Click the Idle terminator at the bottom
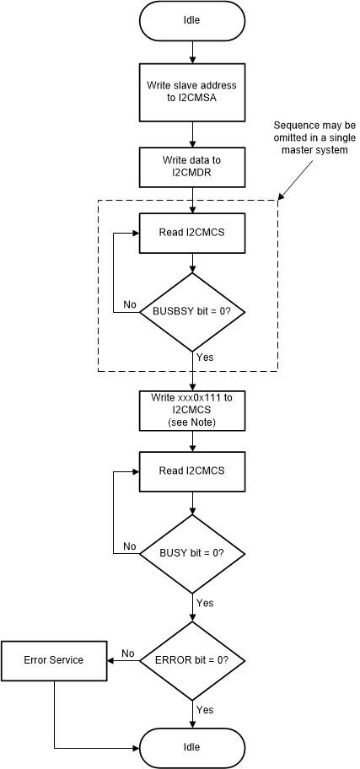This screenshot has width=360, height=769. click(193, 747)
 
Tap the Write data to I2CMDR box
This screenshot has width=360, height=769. click(193, 165)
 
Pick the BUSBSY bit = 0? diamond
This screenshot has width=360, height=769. click(193, 311)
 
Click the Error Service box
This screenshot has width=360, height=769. click(55, 659)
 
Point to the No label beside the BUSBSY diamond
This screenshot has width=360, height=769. click(131, 304)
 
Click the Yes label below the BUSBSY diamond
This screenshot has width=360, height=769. click(205, 357)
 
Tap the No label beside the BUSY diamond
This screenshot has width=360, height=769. click(130, 546)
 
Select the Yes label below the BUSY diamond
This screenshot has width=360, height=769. click(205, 603)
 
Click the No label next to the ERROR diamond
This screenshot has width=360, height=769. click(128, 653)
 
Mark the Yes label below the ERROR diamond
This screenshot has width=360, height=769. click(205, 710)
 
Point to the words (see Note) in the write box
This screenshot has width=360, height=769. click(193, 422)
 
